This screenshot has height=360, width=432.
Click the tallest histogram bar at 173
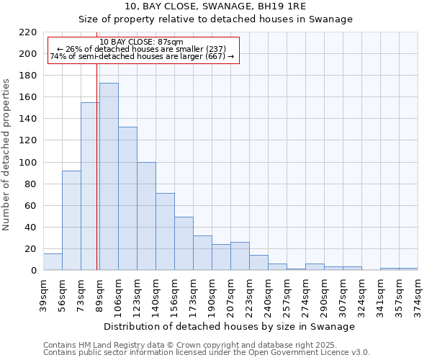click(109, 176)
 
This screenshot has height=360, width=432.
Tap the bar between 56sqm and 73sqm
click(71, 220)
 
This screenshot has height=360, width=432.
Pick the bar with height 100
click(146, 216)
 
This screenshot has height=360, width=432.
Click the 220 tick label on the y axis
click(28, 32)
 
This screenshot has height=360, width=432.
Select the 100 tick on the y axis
click(28, 163)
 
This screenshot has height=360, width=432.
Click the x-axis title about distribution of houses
click(230, 326)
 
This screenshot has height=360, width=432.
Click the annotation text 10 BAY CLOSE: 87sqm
click(142, 42)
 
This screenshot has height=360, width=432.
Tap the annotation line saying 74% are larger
click(142, 56)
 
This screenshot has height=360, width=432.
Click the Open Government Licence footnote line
click(207, 353)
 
